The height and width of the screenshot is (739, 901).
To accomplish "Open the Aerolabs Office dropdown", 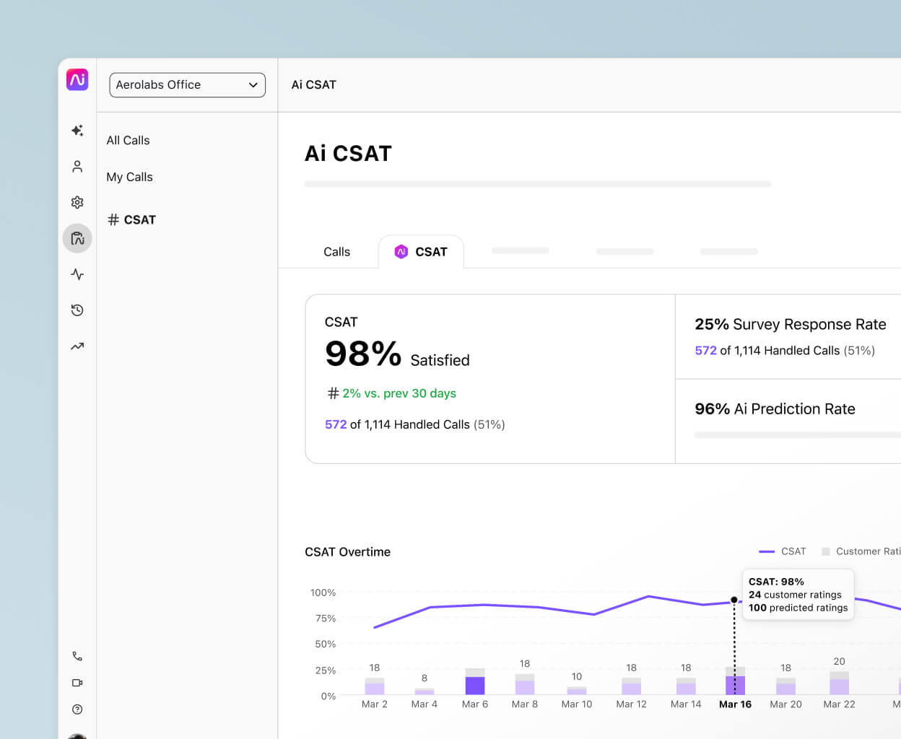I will pos(187,84).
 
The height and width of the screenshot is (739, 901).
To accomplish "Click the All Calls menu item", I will pos(128,140).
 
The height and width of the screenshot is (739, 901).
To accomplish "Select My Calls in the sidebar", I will pos(129,177).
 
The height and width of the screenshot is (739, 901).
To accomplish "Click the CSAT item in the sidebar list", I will pos(132,219).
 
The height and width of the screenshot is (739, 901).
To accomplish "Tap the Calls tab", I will pos(336,252).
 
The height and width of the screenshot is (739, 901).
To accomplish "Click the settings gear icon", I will pos(77,202).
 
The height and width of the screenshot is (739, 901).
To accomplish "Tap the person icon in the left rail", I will pos(77,167).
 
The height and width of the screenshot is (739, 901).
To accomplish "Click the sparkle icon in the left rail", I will pos(77,131).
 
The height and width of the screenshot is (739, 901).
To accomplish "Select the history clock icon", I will pos(77,310).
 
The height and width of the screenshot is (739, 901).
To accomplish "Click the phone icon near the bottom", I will pos(77,656).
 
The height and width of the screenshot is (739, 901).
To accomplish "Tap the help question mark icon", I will pos(77,709).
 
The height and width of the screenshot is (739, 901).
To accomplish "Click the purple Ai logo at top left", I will pos(77,79).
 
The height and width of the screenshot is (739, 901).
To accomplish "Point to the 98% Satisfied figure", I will pos(396,355).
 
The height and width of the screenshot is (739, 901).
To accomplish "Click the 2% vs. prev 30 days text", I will pos(399,393).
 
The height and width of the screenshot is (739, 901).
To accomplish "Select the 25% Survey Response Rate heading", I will pos(790,324).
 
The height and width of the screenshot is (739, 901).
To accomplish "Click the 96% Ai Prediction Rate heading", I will pos(775,408).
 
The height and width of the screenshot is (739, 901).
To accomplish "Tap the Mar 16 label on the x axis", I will pos(735,704).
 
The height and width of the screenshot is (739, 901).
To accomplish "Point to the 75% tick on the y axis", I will pos(326,618).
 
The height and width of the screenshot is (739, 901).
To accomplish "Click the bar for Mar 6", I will pos(475,683).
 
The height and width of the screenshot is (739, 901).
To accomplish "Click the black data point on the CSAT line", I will pos(734,600).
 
